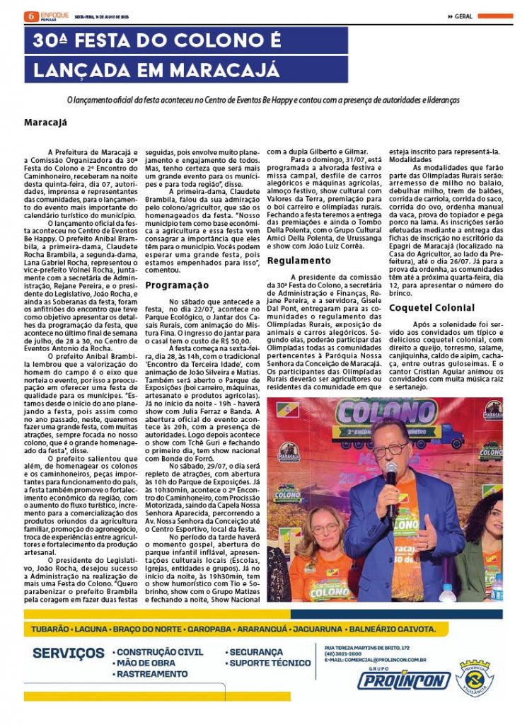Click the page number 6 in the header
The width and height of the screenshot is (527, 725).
28,16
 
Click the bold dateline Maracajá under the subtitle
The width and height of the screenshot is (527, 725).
46,122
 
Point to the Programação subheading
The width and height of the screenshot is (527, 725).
177,285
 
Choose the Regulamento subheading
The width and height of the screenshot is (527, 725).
299,261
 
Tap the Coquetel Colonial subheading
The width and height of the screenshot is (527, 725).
431,308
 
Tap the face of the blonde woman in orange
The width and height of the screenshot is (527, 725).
325,527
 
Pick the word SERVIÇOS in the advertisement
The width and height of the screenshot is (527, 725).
69,653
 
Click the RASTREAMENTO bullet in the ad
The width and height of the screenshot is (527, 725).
152,675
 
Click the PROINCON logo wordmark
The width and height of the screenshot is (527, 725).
403,680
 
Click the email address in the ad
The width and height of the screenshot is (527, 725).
376,660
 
